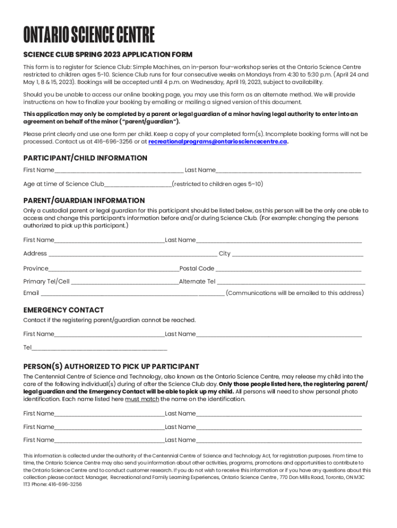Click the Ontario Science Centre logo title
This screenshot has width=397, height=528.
pos(89,35)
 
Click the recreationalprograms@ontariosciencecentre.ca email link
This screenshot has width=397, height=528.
pos(218,142)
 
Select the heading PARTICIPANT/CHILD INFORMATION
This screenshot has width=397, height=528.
pos(85,158)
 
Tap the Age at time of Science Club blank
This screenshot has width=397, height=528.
pos(138,185)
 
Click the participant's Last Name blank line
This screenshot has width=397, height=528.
pos(289,171)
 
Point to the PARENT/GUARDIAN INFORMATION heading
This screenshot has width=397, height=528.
pos(84,200)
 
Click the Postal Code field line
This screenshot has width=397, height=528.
pos(289,269)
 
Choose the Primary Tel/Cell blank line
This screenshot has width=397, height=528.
pos(124,282)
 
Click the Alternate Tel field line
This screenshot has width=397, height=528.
pos(291,282)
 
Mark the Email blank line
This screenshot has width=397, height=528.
pos(132,294)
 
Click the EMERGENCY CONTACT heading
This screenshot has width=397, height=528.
pos(63,310)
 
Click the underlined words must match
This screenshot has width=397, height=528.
pos(142,399)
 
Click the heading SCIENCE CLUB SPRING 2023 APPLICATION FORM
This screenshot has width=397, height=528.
pos(108,55)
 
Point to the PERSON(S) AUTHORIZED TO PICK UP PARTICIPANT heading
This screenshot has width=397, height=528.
pos(111,367)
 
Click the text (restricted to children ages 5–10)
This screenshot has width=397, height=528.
pos(217,184)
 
